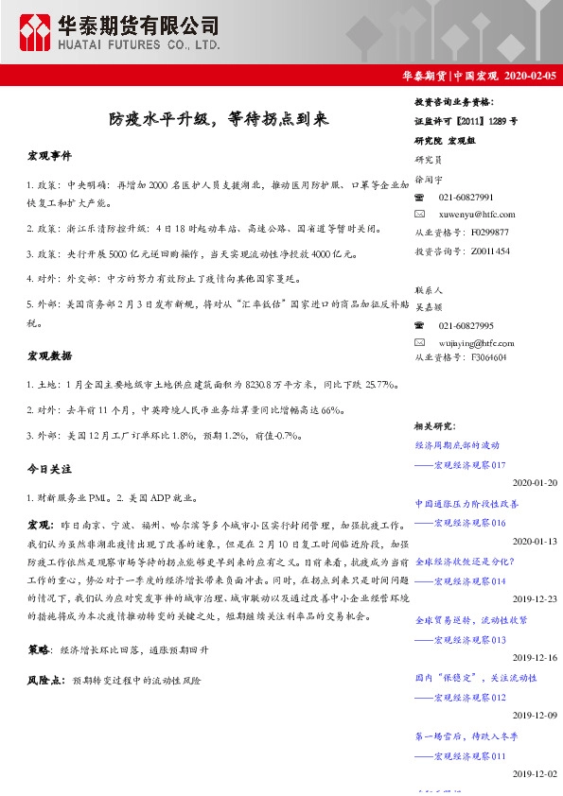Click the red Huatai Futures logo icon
(x=36, y=33)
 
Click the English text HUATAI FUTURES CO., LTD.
(x=140, y=44)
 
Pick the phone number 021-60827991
(x=466, y=197)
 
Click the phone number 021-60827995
(x=466, y=324)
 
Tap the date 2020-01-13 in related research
(x=535, y=541)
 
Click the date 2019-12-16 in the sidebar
(x=535, y=658)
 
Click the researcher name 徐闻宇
(x=428, y=179)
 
